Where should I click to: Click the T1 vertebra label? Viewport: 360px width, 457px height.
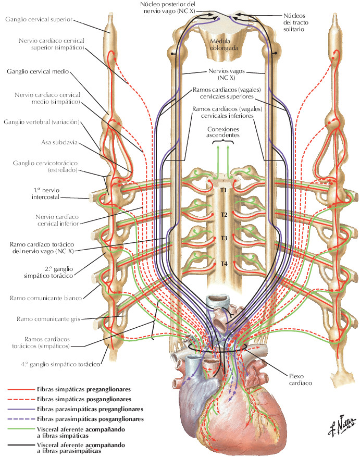click(224, 191)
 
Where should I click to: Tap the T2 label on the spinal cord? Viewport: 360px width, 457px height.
click(224, 215)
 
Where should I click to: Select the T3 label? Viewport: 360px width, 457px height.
click(224, 238)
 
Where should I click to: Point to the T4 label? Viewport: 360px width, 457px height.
click(224, 263)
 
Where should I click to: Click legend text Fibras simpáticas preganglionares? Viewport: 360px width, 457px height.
click(84, 389)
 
